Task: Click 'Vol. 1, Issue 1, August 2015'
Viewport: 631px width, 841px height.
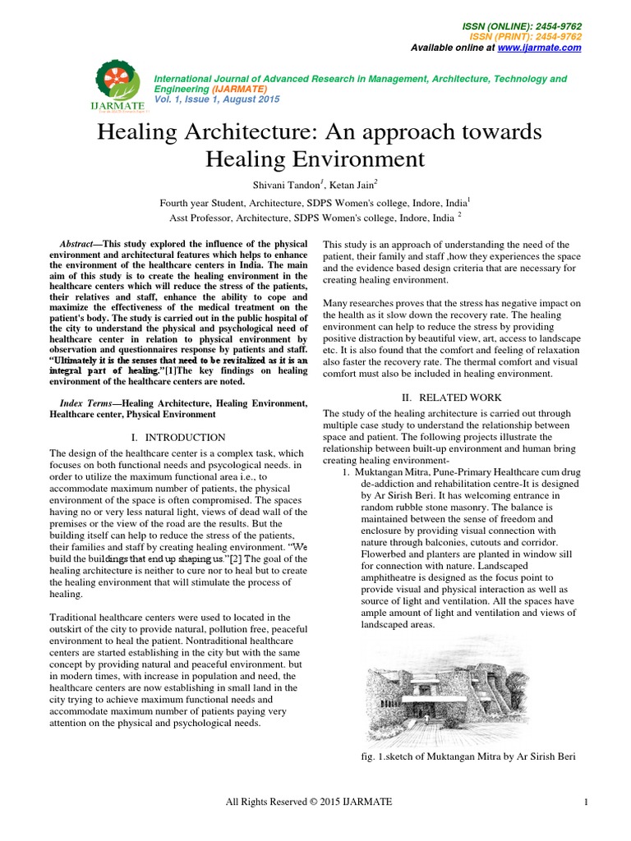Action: point(217,99)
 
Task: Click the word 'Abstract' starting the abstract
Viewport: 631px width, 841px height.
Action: point(80,246)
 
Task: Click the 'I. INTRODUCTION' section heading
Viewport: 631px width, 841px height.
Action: point(178,438)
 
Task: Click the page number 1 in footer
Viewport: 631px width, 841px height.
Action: point(587,802)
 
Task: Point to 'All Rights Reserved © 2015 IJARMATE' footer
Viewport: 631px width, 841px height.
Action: point(309,802)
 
